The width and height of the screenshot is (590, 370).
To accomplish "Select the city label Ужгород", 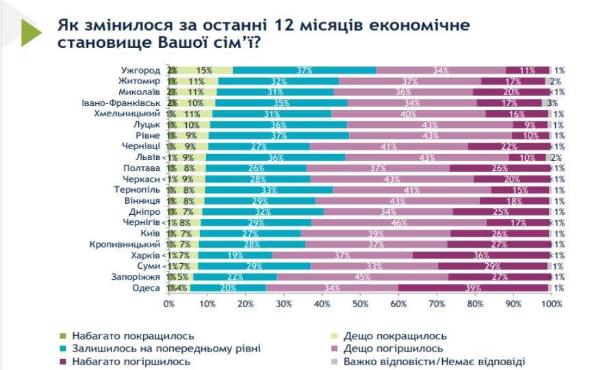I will [x=140, y=70].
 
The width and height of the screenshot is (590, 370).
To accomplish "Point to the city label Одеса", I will [x=146, y=288].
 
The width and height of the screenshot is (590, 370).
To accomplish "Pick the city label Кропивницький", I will [x=125, y=244].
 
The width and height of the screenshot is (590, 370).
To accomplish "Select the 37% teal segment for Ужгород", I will [x=305, y=70].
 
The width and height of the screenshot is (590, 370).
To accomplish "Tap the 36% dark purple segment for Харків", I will [x=481, y=255].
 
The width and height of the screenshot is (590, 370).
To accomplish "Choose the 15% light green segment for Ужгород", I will [x=204, y=70].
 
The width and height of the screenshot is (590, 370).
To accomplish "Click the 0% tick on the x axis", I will [x=169, y=304].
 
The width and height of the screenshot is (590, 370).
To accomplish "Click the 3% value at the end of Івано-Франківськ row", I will [x=559, y=103].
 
